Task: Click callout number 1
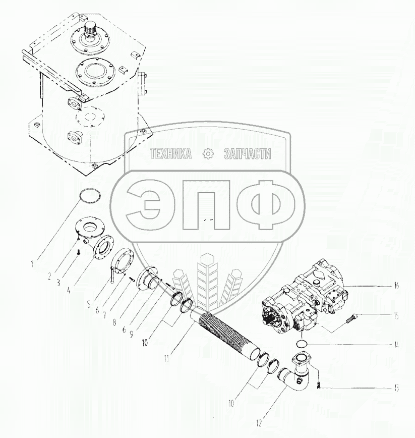(x=32, y=264)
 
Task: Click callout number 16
(x=396, y=286)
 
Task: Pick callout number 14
(x=396, y=345)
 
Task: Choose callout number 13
(x=396, y=388)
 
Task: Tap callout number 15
(x=396, y=316)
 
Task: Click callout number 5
(x=89, y=304)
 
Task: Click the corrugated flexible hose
(x=226, y=332)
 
